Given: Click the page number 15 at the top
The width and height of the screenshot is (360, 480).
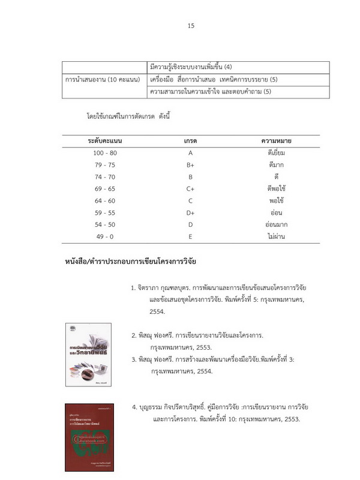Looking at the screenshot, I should pyautogui.click(x=191, y=26).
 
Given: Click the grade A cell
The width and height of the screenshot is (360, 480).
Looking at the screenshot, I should pyautogui.click(x=190, y=153).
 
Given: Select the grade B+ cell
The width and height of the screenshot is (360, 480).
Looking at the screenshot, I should pyautogui.click(x=190, y=165).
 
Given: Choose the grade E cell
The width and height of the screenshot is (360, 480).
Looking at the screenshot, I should pyautogui.click(x=190, y=237).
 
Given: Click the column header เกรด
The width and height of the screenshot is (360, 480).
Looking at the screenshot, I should pyautogui.click(x=190, y=140).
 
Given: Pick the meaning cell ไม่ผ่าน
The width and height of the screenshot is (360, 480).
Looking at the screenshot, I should pyautogui.click(x=276, y=237).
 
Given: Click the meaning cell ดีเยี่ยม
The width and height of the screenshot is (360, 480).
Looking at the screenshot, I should pyautogui.click(x=276, y=153).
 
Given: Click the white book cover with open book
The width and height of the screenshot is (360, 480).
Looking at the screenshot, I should pyautogui.click(x=88, y=354).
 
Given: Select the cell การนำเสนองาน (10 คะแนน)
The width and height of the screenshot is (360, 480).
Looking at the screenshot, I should pyautogui.click(x=103, y=80).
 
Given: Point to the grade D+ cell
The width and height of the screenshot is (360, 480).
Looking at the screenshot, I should pyautogui.click(x=190, y=213).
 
